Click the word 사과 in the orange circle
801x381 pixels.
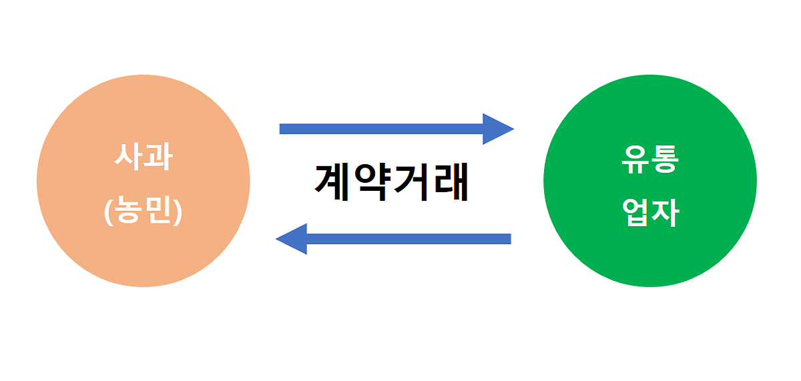[x=144, y=157]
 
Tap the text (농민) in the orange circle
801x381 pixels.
[x=143, y=211]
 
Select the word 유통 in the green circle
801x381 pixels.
[x=650, y=159]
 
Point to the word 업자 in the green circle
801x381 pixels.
[x=650, y=212]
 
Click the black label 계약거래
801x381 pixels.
[x=392, y=182]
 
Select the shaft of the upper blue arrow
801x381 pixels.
[x=381, y=129]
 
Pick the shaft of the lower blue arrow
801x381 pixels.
[x=409, y=239]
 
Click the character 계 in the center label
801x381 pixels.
[x=332, y=182]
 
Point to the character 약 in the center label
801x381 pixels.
[x=372, y=182]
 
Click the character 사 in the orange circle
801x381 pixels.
[x=128, y=157]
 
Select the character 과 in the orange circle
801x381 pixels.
[x=159, y=157]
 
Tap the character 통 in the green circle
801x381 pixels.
[x=665, y=159]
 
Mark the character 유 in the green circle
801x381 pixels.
[x=635, y=159]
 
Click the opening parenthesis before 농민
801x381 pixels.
[x=108, y=212]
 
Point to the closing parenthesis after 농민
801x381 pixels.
[x=178, y=212]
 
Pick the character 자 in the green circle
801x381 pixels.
[x=665, y=213]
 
